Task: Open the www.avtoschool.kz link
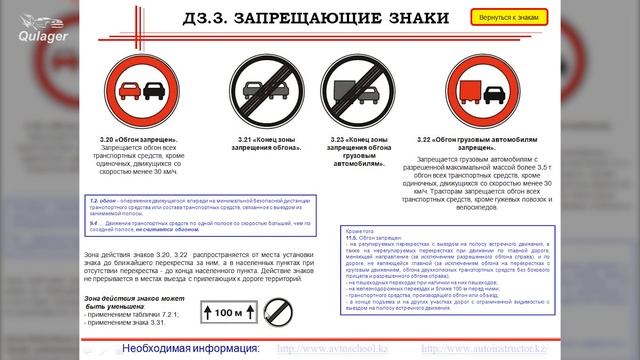pos(333,348)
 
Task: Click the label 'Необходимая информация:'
pos(190,348)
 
